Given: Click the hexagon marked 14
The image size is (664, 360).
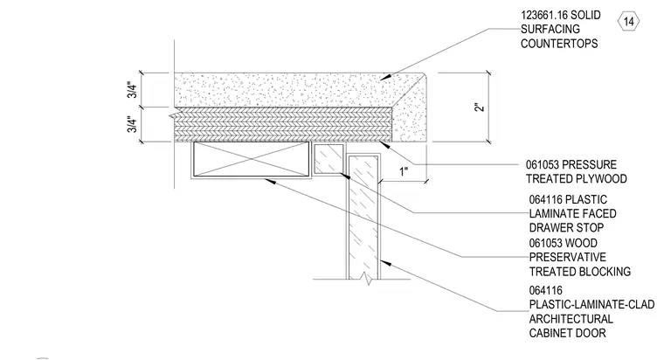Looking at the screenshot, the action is pyautogui.click(x=628, y=22).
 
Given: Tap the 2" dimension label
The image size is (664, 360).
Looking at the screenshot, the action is pyautogui.click(x=479, y=107).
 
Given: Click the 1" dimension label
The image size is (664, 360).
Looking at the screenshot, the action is pyautogui.click(x=404, y=171).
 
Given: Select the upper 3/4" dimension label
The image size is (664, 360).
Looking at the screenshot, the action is pyautogui.click(x=132, y=90).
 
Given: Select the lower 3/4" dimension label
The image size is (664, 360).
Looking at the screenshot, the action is pyautogui.click(x=132, y=125).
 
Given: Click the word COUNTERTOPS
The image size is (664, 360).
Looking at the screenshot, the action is pyautogui.click(x=559, y=44).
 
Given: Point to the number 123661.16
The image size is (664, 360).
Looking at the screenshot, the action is pyautogui.click(x=544, y=15).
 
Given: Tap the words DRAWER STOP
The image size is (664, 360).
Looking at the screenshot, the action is pyautogui.click(x=566, y=228).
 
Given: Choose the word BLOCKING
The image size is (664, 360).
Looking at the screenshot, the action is pyautogui.click(x=605, y=272).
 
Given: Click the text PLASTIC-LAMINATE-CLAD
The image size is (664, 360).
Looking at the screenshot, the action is pyautogui.click(x=591, y=305).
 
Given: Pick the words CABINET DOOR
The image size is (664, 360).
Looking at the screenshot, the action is pyautogui.click(x=567, y=333).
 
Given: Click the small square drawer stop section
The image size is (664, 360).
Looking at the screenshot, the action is pyautogui.click(x=329, y=159).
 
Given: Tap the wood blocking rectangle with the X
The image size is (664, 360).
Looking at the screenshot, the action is pyautogui.click(x=252, y=159).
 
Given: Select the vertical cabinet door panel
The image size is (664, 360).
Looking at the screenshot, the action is pyautogui.click(x=363, y=217).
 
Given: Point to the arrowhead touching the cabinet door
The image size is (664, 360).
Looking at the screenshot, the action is pyautogui.click(x=385, y=262).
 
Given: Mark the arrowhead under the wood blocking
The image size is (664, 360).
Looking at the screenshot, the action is pyautogui.click(x=271, y=181).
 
